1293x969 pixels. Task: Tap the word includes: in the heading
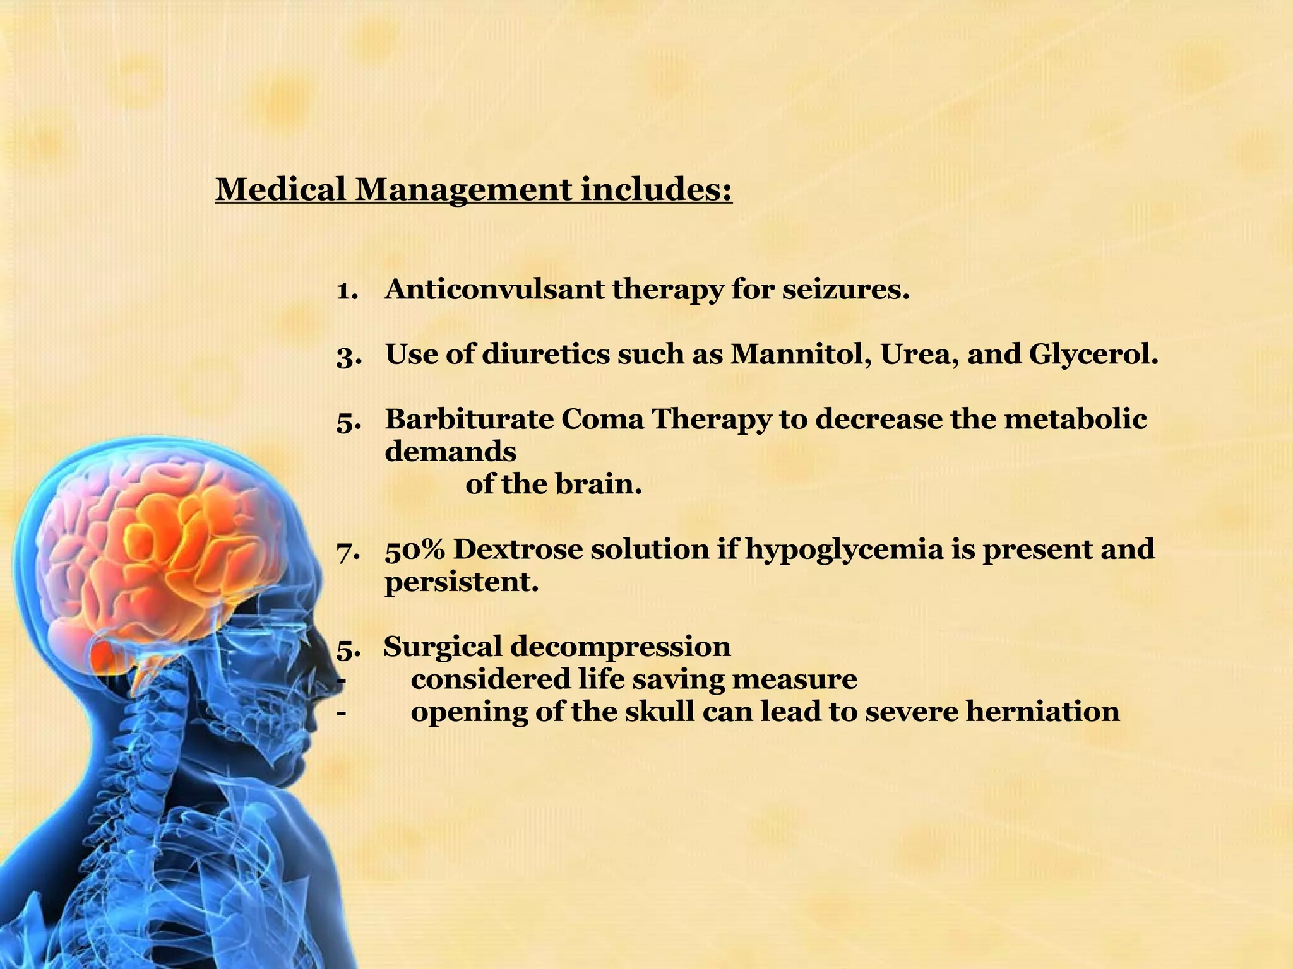tap(657, 189)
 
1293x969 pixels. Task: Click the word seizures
tap(846, 290)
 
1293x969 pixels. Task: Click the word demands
tap(450, 452)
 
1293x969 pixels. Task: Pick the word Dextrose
tap(517, 549)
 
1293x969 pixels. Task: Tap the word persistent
tap(462, 582)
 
